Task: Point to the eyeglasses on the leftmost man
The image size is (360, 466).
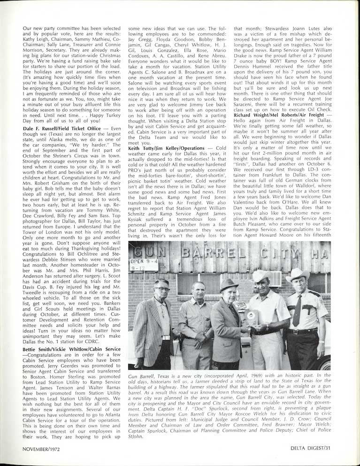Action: (161, 288)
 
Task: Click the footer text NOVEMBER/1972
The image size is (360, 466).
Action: (43, 449)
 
